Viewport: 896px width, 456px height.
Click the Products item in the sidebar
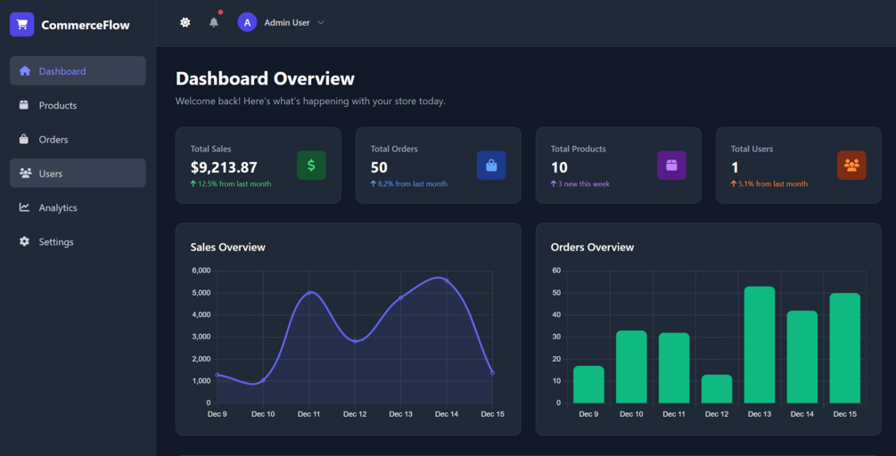(57, 105)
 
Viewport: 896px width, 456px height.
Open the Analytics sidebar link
(57, 208)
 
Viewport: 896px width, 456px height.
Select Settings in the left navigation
(55, 242)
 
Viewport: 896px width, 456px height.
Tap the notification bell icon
(214, 22)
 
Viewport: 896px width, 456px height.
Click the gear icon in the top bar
(185, 22)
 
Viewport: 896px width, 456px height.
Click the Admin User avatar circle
(247, 22)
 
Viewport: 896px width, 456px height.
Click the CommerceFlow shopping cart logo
(21, 25)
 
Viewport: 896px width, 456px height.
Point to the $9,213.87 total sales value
(224, 167)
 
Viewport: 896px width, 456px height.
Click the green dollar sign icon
(311, 166)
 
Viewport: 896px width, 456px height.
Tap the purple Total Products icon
(671, 166)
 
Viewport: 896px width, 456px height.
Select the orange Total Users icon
(851, 166)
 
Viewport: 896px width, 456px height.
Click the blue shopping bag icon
(491, 166)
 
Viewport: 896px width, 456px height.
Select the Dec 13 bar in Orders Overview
(760, 345)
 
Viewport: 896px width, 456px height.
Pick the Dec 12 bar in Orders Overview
(717, 388)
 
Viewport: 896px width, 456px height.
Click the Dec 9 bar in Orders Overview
(588, 384)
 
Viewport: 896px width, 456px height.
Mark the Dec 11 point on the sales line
(309, 292)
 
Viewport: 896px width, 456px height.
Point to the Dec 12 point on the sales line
(355, 341)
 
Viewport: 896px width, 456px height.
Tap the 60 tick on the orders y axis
(556, 271)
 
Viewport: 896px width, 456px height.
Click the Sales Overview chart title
(227, 247)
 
